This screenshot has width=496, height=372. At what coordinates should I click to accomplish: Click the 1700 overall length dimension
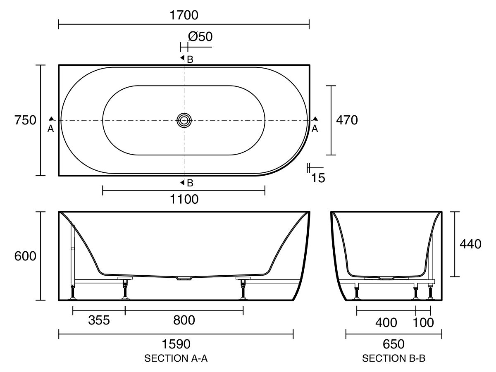coord(184,15)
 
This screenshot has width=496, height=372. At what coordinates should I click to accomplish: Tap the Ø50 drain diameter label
coord(200,37)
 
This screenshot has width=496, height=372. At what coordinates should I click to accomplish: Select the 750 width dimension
coord(25,120)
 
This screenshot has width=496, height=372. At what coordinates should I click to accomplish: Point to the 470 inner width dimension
coord(346,120)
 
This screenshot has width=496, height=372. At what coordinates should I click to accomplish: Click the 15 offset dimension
coord(318,178)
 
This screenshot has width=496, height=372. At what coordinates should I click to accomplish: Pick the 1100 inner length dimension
coord(184,199)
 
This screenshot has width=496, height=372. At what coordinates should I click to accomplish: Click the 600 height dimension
coord(25,256)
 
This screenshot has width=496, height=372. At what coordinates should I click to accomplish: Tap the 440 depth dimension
coord(470,244)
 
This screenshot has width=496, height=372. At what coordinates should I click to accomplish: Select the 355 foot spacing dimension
coord(99,320)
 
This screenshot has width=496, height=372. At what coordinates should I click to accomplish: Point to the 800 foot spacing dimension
coord(184,320)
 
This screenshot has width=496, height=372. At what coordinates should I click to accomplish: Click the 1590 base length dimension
coord(176,343)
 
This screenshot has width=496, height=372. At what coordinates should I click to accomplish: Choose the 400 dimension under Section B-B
coord(386,322)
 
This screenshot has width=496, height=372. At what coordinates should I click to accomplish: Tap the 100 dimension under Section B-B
coord(423,322)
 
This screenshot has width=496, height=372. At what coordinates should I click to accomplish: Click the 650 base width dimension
coord(393,343)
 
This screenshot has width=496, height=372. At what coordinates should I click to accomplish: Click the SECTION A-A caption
coord(176,359)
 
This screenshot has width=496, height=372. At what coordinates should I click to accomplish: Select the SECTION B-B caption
coord(393,359)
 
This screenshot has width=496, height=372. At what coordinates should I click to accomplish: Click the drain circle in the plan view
coord(184,120)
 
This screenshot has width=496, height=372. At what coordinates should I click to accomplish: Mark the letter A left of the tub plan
coord(50,129)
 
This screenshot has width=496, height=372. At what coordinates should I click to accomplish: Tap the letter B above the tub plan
coord(190,60)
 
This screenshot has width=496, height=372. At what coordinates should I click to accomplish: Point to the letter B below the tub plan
coord(190,183)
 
